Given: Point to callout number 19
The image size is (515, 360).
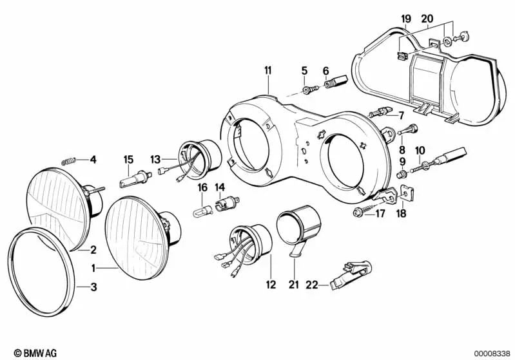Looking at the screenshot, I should pyautogui.click(x=405, y=19).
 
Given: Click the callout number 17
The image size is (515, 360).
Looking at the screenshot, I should pyautogui.click(x=380, y=213).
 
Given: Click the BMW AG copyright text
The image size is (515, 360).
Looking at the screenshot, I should pyautogui.click(x=31, y=353).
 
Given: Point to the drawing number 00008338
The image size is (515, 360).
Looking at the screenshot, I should pyautogui.click(x=491, y=353).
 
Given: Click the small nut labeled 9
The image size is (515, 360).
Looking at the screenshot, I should pyautogui.click(x=402, y=173).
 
